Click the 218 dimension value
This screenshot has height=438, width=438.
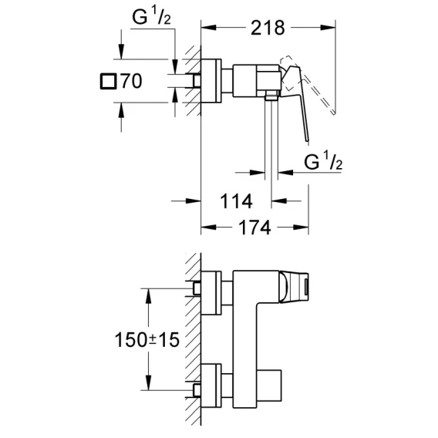pyautogui.click(x=268, y=28)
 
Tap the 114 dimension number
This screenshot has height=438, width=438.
pyautogui.click(x=236, y=201)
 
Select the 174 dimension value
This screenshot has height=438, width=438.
pyautogui.click(x=254, y=227)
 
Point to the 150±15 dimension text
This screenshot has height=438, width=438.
pyautogui.click(x=147, y=340)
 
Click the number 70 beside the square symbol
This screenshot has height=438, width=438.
pyautogui.click(x=131, y=81)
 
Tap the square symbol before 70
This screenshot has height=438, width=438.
pyautogui.click(x=108, y=81)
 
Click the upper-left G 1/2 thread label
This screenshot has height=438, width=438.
pyautogui.click(x=151, y=16)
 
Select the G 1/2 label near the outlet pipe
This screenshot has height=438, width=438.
pyautogui.click(x=323, y=161)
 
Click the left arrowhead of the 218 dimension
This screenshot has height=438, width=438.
pyautogui.click(x=208, y=28)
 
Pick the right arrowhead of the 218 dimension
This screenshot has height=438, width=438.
pyautogui.click(x=328, y=28)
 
